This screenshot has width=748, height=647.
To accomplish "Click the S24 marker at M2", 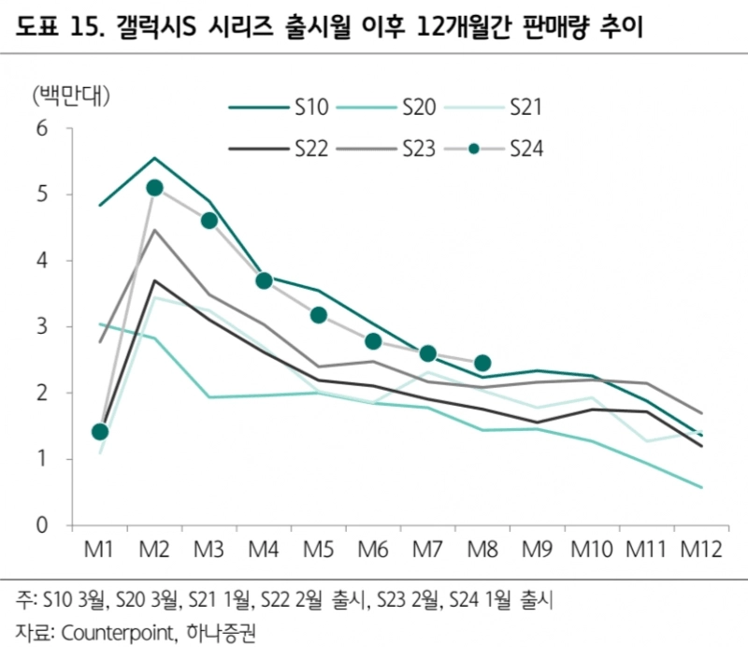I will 154,188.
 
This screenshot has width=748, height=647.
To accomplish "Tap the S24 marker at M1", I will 100,432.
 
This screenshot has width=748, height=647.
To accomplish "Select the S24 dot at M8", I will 482,363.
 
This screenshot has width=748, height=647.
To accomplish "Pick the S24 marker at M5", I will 318,315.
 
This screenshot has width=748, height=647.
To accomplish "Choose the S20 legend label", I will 416,108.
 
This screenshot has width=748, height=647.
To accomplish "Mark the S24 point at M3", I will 209,221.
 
